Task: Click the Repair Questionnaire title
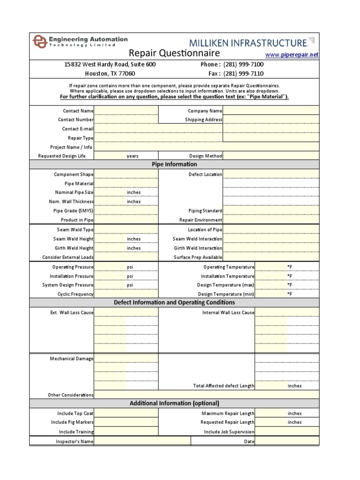coord(174,53)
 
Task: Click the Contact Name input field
coord(126,111)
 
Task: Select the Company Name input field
coord(271,111)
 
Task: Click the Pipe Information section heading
coord(174,165)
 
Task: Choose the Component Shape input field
coord(126,174)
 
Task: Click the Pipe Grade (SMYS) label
coord(74,211)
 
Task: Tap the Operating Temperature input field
coord(270,267)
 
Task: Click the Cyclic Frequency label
coord(75,294)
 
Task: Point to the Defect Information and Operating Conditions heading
coord(174,303)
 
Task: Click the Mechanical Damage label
coord(72,359)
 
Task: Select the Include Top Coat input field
coord(126,413)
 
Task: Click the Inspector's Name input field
coord(142,441)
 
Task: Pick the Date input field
coord(287,441)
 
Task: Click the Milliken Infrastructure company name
coord(247,43)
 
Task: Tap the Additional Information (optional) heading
coord(174,403)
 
